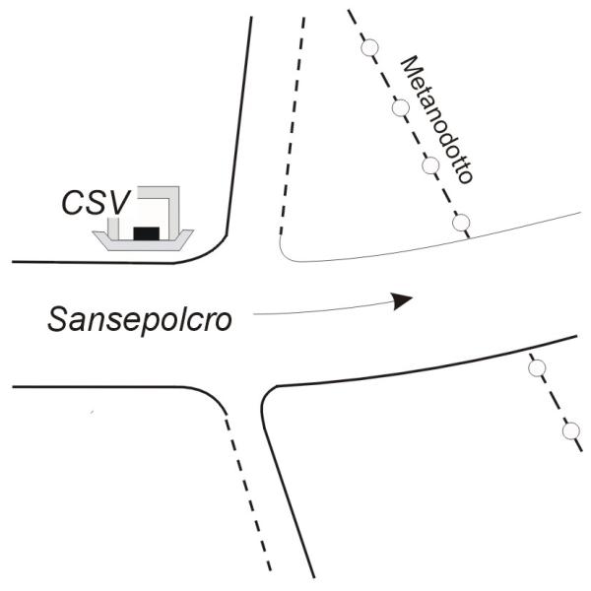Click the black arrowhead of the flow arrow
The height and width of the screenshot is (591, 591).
[401, 300]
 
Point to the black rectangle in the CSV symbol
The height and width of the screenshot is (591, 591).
[146, 232]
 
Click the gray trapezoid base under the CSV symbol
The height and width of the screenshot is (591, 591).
[144, 242]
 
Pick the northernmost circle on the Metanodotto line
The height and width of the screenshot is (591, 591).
[370, 47]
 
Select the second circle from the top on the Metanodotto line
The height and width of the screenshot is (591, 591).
[401, 107]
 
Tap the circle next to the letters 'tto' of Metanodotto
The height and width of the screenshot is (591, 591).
[430, 164]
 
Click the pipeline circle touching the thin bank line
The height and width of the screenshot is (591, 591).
[461, 223]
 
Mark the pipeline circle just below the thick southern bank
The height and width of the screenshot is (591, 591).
[537, 367]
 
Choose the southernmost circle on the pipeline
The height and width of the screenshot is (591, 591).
[570, 430]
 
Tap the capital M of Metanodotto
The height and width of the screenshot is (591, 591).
[409, 66]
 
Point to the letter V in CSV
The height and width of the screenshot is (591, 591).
[117, 202]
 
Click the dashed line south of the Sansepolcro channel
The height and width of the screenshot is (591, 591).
[246, 483]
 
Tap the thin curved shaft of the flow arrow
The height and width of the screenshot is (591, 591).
[315, 307]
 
